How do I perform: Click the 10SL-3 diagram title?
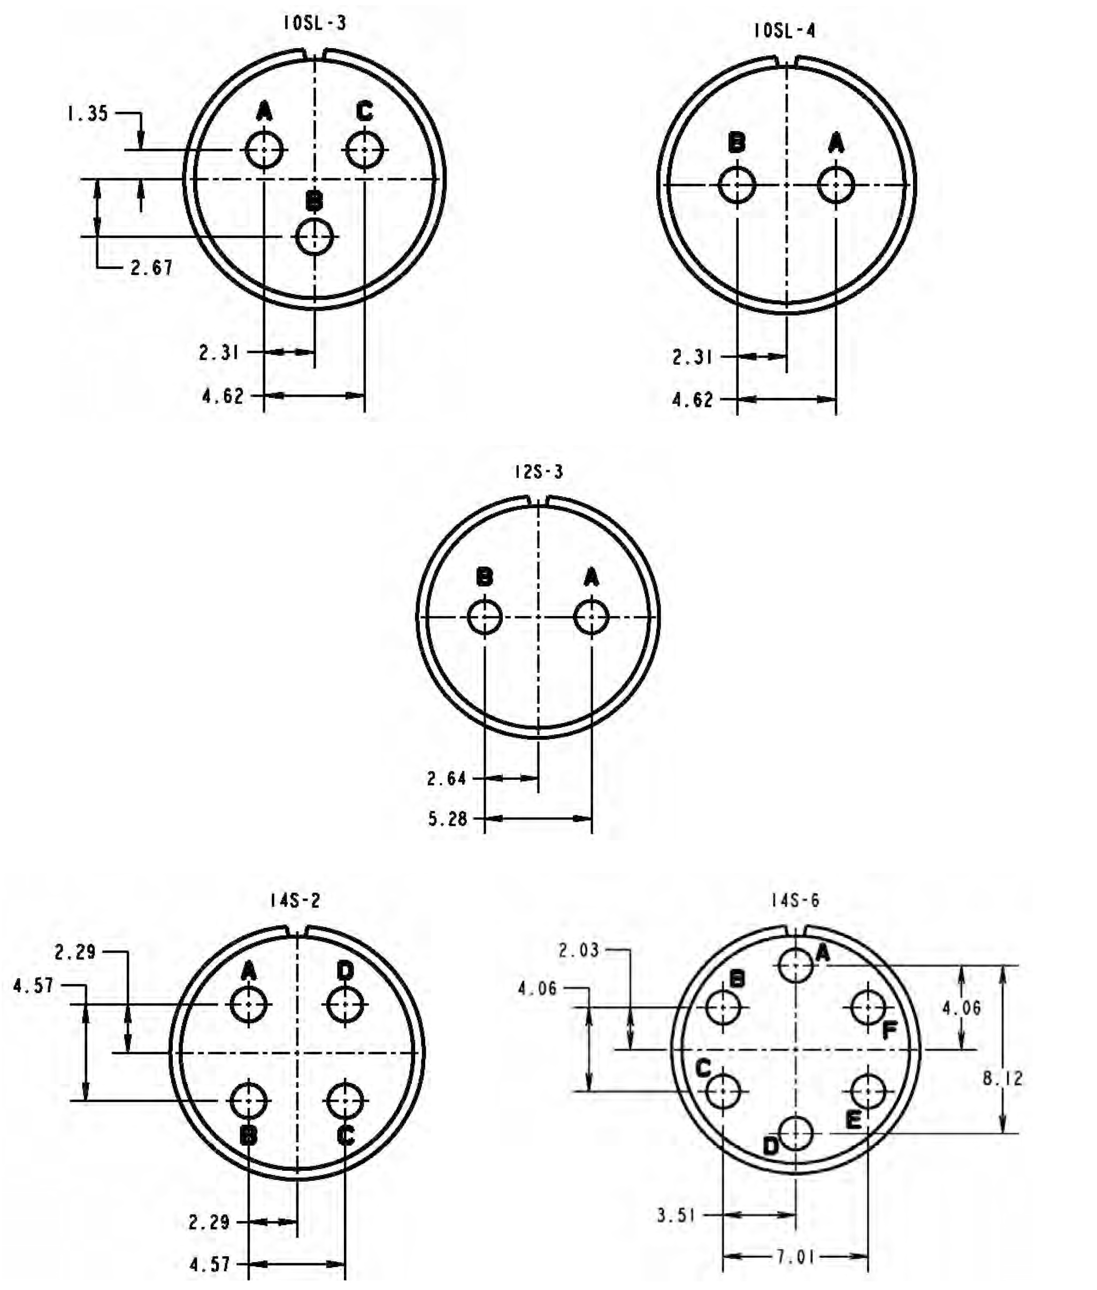tap(314, 23)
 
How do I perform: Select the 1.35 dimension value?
tap(88, 114)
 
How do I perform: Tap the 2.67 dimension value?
tap(151, 268)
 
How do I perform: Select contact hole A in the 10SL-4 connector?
tap(836, 185)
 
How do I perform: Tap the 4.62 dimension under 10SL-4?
tap(692, 400)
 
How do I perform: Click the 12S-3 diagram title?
tap(539, 472)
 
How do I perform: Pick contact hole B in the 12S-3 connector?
tap(485, 617)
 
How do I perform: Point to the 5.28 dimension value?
tap(447, 819)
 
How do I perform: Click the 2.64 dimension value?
tap(446, 778)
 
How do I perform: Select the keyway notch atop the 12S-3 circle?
tap(538, 501)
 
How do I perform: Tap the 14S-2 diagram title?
tap(295, 901)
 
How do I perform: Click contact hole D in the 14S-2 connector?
tap(345, 1004)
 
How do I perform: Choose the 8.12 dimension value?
tap(1002, 1079)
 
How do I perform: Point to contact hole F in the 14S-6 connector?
tap(868, 1008)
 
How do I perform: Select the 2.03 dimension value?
tap(578, 950)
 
